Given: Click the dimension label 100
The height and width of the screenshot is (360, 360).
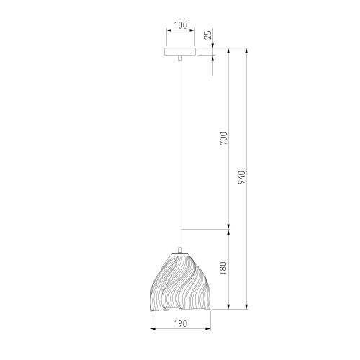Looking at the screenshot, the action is (x=181, y=25).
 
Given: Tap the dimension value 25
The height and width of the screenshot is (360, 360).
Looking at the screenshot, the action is (x=209, y=35).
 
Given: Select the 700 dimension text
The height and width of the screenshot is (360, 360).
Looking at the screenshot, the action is (x=223, y=138).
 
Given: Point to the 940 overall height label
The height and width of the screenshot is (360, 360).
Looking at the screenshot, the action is (x=241, y=178).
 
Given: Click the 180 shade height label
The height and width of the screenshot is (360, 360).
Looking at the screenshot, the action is (x=223, y=269).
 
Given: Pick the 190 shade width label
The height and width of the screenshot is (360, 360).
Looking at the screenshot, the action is (x=181, y=324).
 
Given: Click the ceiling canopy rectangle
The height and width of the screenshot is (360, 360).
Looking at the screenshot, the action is (x=180, y=52).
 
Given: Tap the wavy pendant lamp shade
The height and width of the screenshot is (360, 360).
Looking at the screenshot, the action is (x=180, y=283).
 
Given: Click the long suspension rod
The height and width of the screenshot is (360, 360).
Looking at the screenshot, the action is (x=180, y=153).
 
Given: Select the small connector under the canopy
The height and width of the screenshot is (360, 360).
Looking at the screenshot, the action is (x=180, y=58).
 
